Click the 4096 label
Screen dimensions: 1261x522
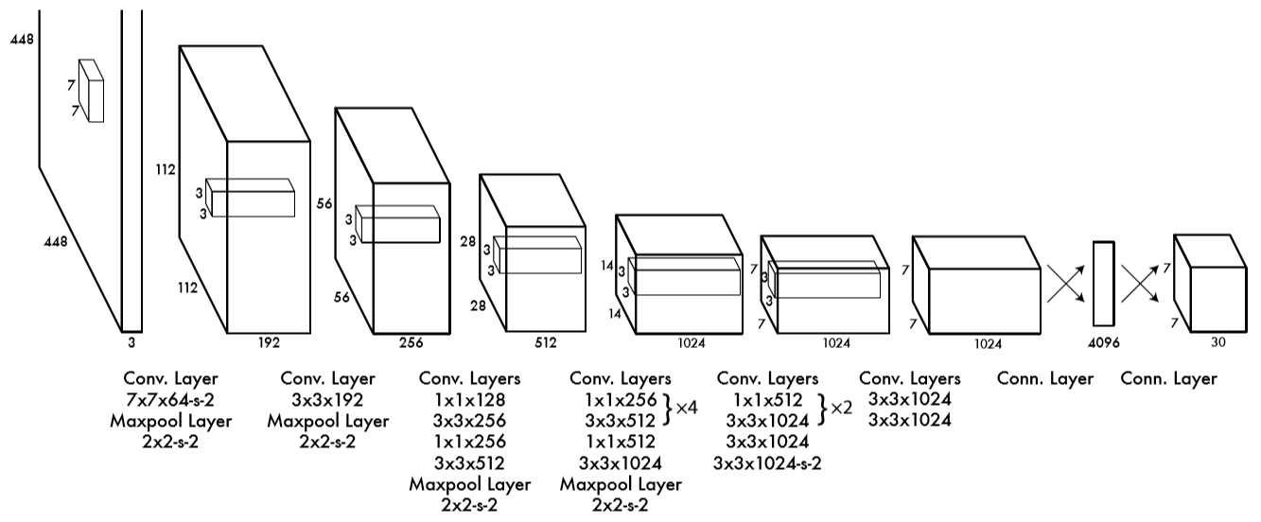point(1103,342)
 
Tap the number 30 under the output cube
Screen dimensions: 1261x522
point(1217,342)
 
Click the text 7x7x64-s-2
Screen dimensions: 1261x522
point(170,400)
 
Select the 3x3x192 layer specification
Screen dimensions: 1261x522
point(327,400)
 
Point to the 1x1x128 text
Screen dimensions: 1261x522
point(469,400)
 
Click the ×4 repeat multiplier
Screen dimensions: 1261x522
point(686,408)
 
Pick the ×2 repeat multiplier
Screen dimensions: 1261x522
point(841,408)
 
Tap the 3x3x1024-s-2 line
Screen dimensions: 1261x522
point(767,463)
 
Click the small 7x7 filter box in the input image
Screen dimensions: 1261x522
point(91,91)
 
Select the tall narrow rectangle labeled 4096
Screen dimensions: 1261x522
point(1103,284)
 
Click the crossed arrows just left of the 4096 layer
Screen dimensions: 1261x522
point(1066,284)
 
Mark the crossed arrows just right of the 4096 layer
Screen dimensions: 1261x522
point(1140,284)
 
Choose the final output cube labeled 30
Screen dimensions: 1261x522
point(1210,283)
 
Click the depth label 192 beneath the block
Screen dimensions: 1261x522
point(269,342)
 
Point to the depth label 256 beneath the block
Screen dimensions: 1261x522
point(411,342)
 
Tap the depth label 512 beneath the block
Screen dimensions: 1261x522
point(546,342)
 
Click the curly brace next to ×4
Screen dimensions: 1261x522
point(668,409)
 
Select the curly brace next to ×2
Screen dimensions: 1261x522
point(822,409)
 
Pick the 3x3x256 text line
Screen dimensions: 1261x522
point(469,421)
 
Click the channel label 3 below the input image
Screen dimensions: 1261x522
point(131,342)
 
